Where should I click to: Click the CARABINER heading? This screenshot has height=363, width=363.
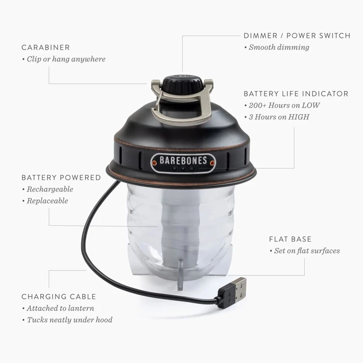pyautogui.click(x=45, y=47)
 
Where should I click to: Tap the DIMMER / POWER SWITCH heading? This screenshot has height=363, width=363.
pyautogui.click(x=297, y=36)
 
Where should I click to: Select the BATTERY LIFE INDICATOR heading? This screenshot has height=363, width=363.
pyautogui.click(x=296, y=94)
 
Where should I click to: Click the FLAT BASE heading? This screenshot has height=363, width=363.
pyautogui.click(x=290, y=239)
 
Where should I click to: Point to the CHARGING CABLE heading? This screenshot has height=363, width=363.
pyautogui.click(x=59, y=297)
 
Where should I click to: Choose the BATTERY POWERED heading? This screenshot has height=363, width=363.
pyautogui.click(x=61, y=178)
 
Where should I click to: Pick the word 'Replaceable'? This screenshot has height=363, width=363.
pyautogui.click(x=47, y=201)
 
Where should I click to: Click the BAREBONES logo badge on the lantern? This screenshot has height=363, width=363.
pyautogui.click(x=183, y=163)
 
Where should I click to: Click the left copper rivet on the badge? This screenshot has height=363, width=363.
pyautogui.click(x=154, y=163)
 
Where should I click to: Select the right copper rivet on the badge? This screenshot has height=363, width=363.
pyautogui.click(x=212, y=163)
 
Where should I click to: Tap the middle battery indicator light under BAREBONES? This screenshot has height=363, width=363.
pyautogui.click(x=183, y=168)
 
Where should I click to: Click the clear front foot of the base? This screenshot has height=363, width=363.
pyautogui.click(x=181, y=275)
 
